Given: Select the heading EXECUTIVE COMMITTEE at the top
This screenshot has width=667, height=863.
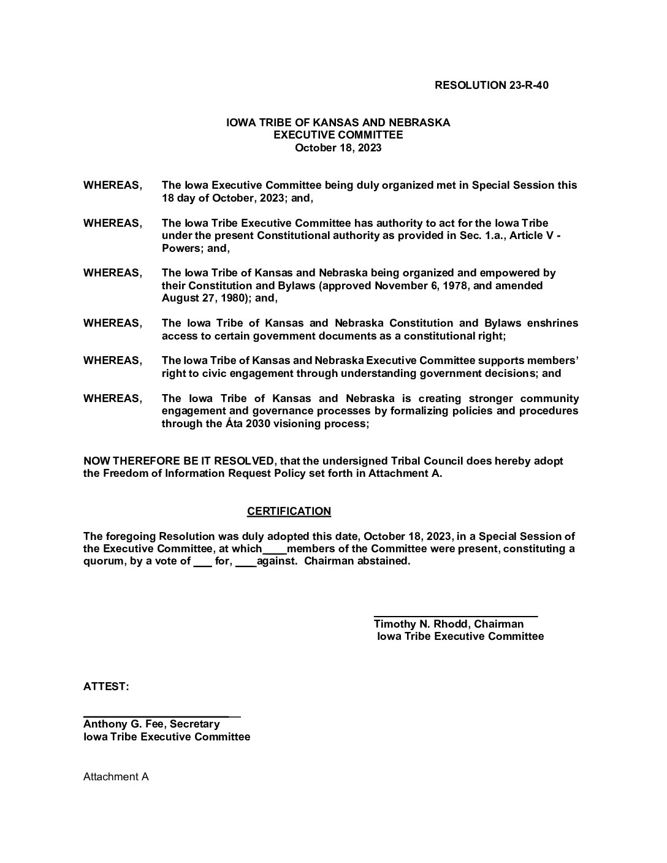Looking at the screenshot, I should pyautogui.click(x=338, y=135).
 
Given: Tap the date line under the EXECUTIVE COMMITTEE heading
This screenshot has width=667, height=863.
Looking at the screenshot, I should pyautogui.click(x=338, y=148).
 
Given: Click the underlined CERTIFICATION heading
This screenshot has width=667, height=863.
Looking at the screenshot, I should pyautogui.click(x=289, y=511).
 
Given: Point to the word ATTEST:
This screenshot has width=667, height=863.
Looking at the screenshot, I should pyautogui.click(x=106, y=686).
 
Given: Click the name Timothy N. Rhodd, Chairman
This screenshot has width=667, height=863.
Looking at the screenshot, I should pyautogui.click(x=449, y=624).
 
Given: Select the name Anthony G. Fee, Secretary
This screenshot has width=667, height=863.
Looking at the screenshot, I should pyautogui.click(x=151, y=724).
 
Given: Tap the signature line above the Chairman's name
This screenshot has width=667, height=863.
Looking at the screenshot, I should pyautogui.click(x=455, y=615).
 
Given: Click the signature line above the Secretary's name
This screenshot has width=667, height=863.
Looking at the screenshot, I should pyautogui.click(x=162, y=715).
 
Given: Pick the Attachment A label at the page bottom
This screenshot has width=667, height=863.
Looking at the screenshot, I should pyautogui.click(x=116, y=777).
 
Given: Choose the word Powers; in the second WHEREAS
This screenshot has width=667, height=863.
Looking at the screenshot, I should pyautogui.click(x=179, y=248).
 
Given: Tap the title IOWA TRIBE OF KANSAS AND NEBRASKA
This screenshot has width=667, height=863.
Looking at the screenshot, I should pyautogui.click(x=338, y=123).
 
